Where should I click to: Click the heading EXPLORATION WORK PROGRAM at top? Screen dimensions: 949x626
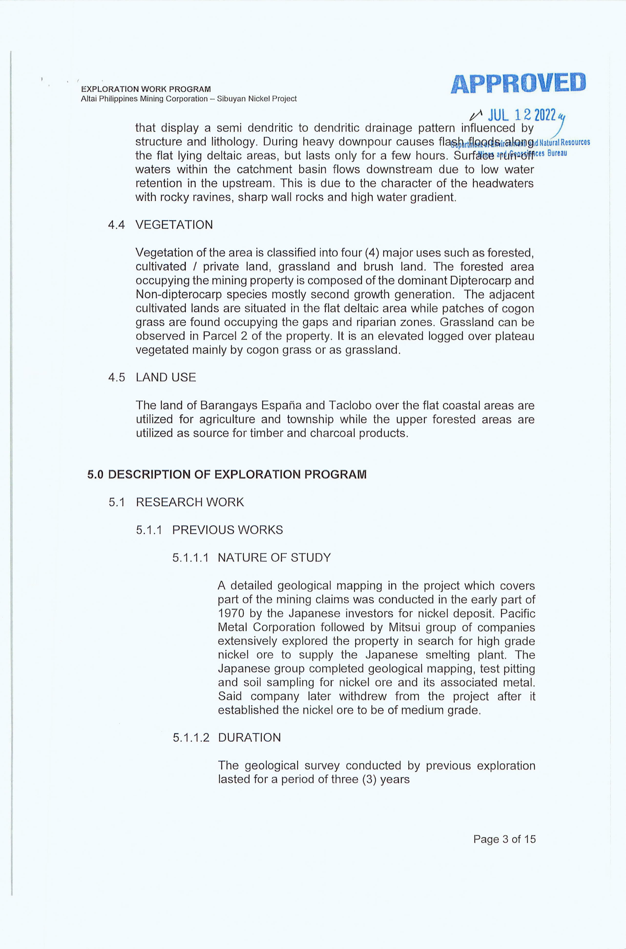(146, 89)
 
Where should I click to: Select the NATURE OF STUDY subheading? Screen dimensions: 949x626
(274, 557)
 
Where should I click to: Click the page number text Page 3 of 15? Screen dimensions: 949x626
(504, 839)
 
